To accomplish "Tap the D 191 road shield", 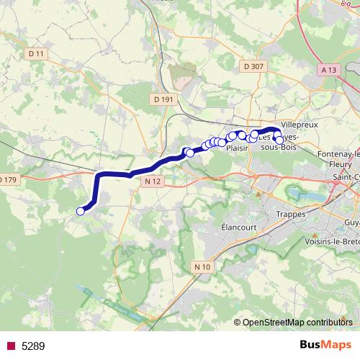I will click(x=164, y=99).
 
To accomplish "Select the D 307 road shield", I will click(x=254, y=66).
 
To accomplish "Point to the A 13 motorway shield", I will click(x=329, y=70).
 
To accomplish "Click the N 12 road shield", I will click(x=153, y=183).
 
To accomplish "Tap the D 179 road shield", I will click(x=8, y=179).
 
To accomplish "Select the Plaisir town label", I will click(x=237, y=148).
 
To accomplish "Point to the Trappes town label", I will click(x=291, y=214).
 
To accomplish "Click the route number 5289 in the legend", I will click(x=33, y=346).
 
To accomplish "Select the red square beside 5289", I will click(x=11, y=346).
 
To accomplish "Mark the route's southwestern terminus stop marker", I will click(x=81, y=211).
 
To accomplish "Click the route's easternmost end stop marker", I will click(x=280, y=140).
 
